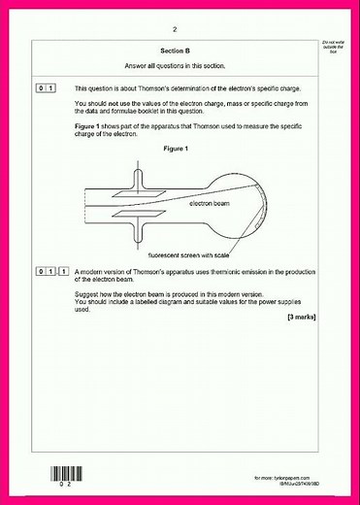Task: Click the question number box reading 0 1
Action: coord(45,88)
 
